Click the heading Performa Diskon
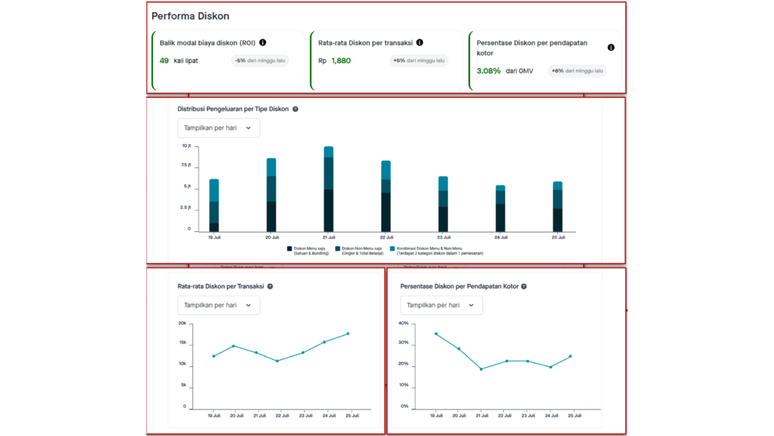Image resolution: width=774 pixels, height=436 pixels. click(x=190, y=16)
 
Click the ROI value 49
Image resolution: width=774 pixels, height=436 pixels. click(x=164, y=61)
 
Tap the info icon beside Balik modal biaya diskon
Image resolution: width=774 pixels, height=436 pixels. click(x=262, y=43)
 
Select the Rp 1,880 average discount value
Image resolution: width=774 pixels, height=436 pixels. click(x=340, y=61)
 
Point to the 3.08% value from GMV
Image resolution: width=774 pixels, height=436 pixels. click(x=489, y=71)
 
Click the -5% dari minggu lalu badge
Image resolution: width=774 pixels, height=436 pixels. click(x=260, y=61)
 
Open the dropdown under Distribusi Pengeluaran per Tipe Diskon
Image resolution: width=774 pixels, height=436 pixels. click(x=218, y=128)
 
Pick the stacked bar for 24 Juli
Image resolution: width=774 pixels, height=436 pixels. click(x=500, y=208)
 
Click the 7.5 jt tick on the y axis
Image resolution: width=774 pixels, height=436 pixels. click(x=186, y=165)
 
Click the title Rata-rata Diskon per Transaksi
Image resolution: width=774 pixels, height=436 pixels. click(x=221, y=286)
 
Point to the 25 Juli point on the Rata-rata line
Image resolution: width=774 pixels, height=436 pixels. click(x=348, y=334)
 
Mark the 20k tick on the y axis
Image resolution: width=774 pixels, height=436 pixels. click(x=182, y=323)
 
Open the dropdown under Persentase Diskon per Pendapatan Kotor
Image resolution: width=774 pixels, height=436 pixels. click(x=441, y=305)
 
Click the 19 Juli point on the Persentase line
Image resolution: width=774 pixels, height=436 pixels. click(x=435, y=334)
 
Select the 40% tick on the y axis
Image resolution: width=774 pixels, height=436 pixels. click(x=404, y=323)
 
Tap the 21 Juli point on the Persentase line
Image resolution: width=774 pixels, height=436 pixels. click(x=481, y=369)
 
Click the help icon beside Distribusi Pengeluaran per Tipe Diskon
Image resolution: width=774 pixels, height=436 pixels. click(x=295, y=110)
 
